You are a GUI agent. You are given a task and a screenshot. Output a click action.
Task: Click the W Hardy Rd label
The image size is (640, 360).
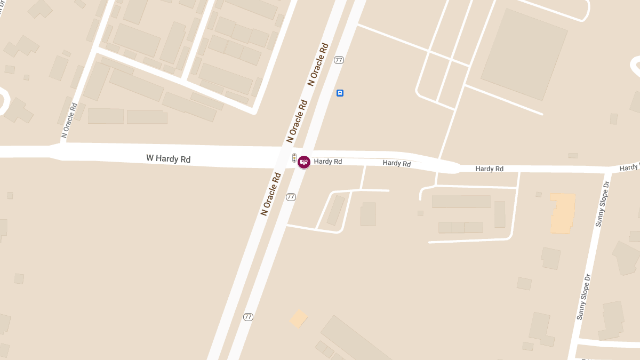[x=168, y=159]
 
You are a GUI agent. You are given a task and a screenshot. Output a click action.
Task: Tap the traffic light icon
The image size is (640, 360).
[x=294, y=158]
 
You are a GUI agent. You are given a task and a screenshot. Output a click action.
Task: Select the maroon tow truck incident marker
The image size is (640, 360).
[x=304, y=162]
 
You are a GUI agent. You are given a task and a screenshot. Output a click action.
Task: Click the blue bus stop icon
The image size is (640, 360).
[x=340, y=93]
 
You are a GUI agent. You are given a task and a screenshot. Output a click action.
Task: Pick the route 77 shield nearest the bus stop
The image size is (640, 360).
[x=339, y=60]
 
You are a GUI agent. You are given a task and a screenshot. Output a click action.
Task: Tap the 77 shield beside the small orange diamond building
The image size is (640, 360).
[x=248, y=317]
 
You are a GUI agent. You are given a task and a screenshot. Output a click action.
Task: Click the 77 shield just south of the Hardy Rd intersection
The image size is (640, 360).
[x=291, y=197]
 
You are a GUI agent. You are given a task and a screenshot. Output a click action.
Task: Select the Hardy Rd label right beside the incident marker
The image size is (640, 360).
[x=327, y=161]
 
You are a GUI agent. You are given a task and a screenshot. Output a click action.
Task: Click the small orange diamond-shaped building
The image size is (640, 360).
[x=299, y=318]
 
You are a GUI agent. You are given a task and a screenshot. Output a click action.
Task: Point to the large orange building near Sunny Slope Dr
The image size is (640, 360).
[x=563, y=213]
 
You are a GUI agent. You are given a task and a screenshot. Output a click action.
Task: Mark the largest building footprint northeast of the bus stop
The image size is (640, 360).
[x=524, y=54]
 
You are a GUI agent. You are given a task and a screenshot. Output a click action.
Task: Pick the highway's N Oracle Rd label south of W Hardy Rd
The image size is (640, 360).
[x=271, y=193]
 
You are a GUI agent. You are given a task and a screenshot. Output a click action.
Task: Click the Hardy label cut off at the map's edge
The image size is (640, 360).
[x=630, y=167]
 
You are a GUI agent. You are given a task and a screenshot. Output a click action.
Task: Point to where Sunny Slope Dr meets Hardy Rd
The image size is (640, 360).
[x=610, y=170]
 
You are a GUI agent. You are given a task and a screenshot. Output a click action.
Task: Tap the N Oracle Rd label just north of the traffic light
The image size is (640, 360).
[x=297, y=121]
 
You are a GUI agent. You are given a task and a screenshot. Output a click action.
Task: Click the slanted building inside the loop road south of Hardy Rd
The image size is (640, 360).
[x=336, y=210]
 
